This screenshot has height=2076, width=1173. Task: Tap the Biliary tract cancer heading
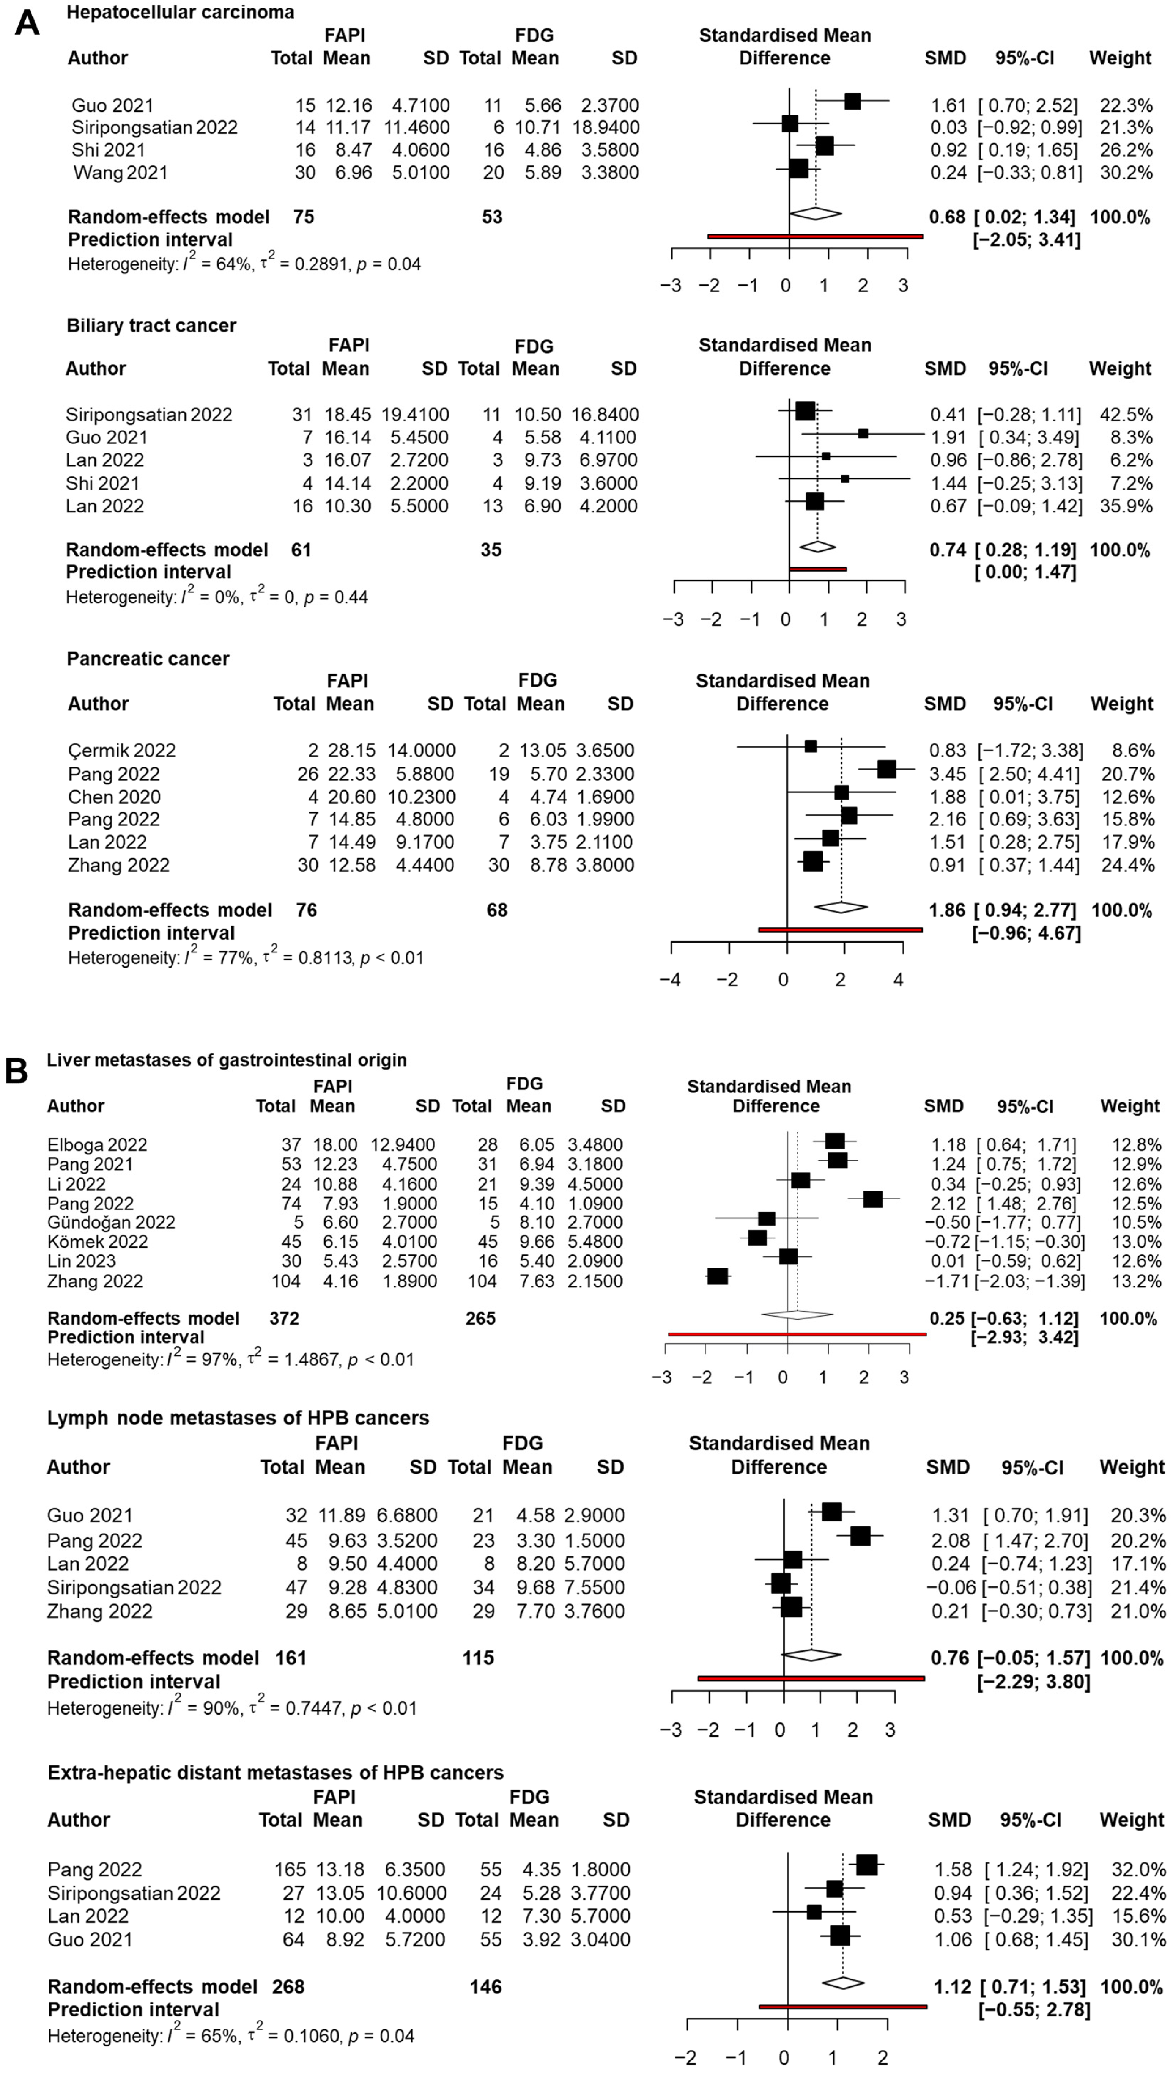pos(151,325)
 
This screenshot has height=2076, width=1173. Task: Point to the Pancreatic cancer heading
pos(148,658)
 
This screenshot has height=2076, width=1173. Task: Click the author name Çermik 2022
pos(122,750)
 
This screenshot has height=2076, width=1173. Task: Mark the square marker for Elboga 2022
pos(834,1141)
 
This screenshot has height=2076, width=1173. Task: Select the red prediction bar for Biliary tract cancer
pos(817,569)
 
